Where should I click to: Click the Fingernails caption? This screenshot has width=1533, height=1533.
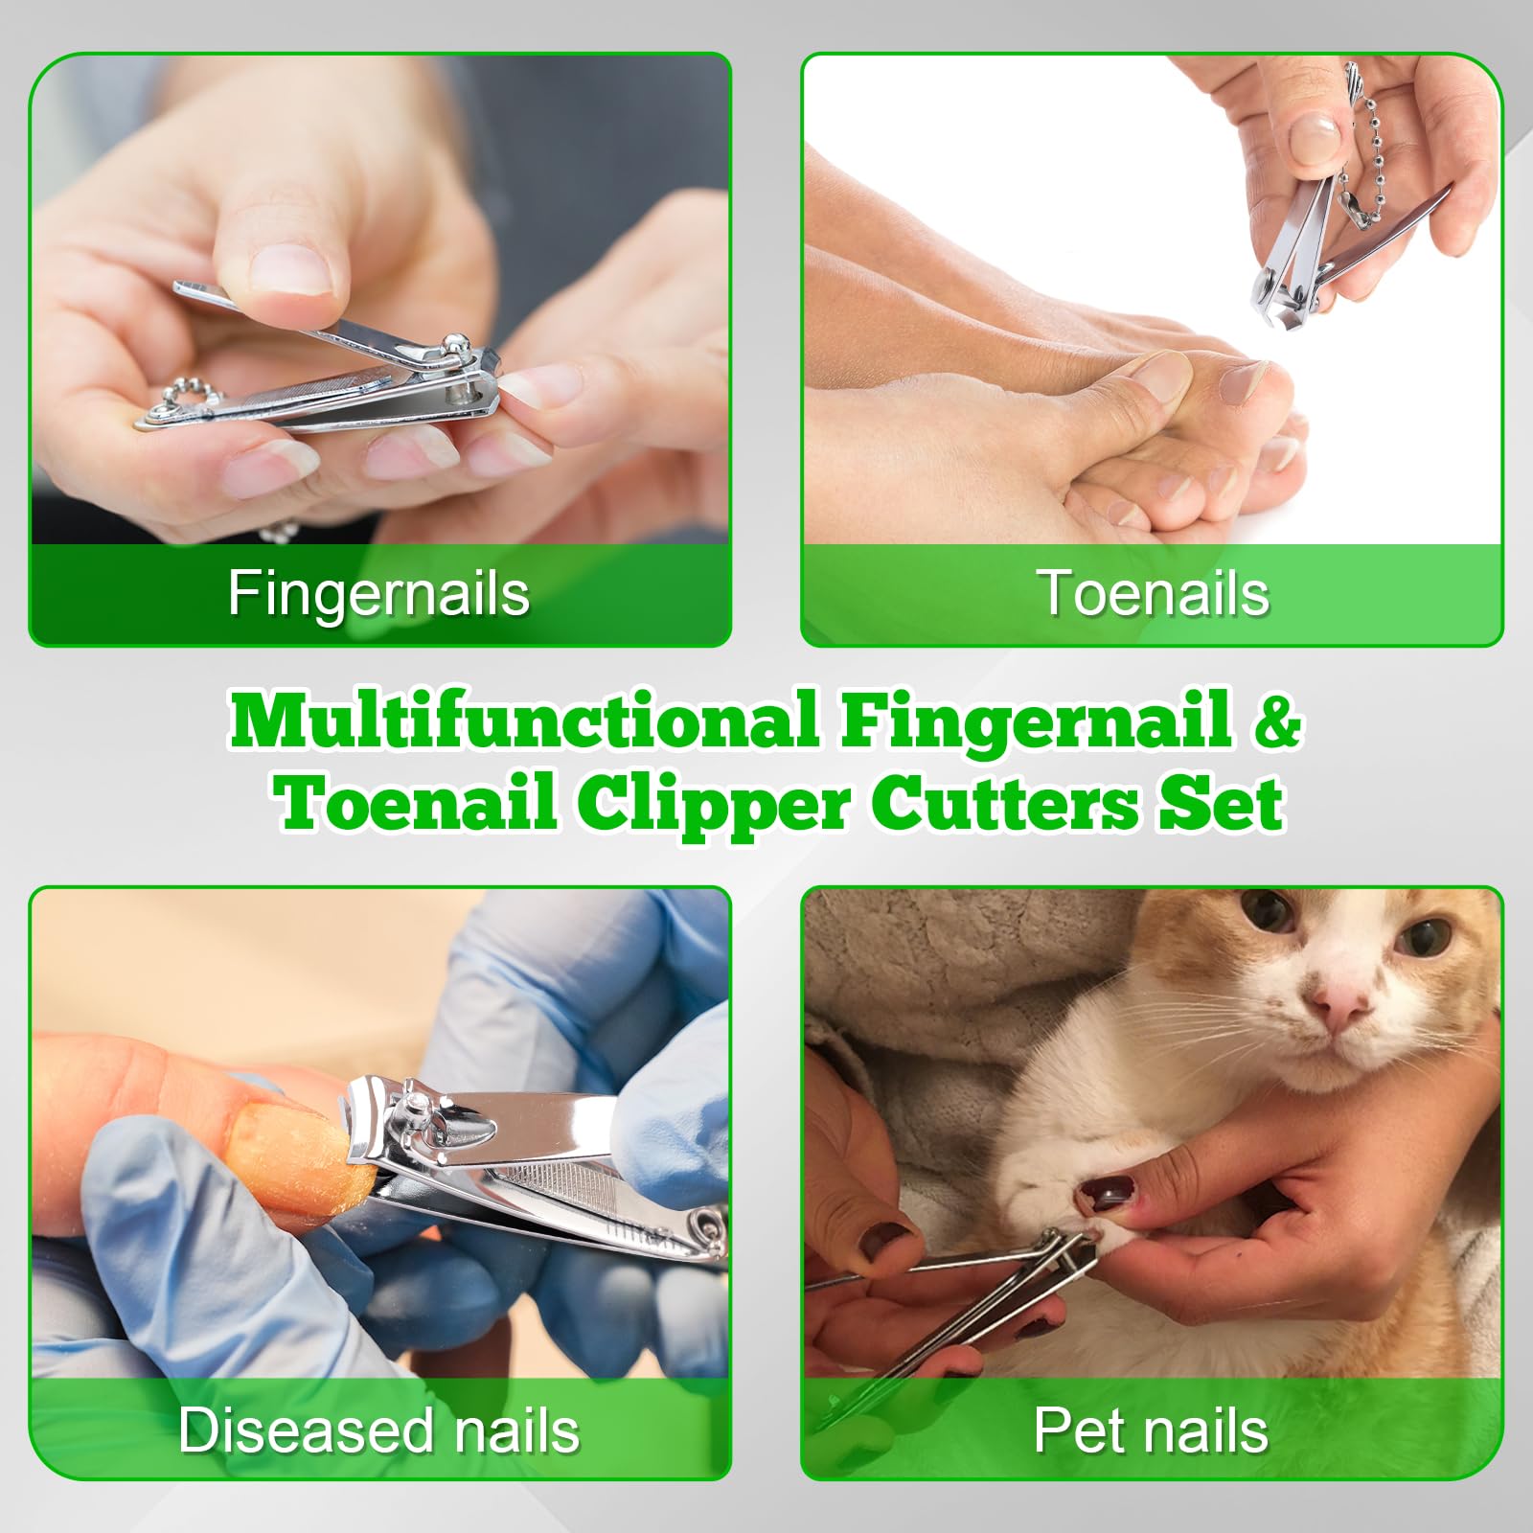pos(378,595)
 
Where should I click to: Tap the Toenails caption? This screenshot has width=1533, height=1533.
pos(1154,593)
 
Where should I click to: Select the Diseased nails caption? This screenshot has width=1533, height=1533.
pos(379,1430)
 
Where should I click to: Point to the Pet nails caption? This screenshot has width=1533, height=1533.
pos(1151,1430)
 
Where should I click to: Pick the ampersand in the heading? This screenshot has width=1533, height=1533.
pos(1277,721)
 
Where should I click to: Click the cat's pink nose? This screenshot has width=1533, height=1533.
pos(1338,1002)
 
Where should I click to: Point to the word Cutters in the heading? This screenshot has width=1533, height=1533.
pos(1005,804)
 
